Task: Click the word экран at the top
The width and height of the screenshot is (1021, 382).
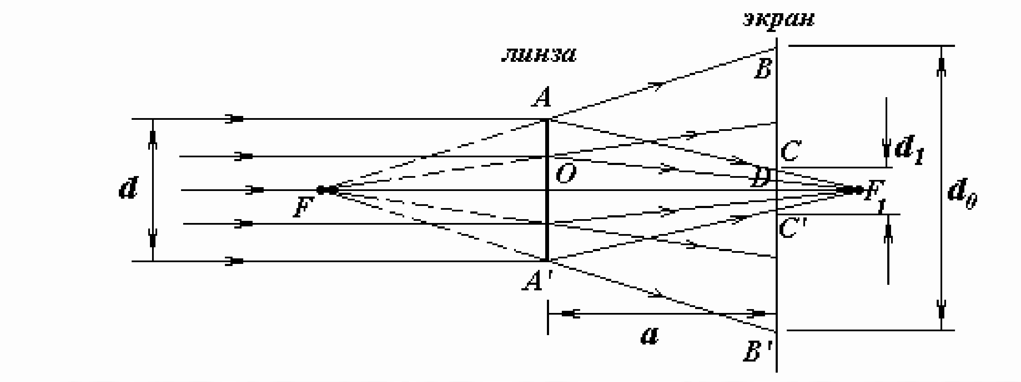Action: [778, 20]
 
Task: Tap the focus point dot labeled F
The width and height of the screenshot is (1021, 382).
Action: [327, 190]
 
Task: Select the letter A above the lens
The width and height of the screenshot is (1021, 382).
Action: [541, 98]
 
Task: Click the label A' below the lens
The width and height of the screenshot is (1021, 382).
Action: [535, 281]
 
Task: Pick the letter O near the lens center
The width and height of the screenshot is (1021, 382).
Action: [566, 174]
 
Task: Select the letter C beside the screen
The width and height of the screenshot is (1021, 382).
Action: [791, 152]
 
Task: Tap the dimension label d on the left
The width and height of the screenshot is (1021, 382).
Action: [128, 189]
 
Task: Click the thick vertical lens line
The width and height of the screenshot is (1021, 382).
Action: [547, 190]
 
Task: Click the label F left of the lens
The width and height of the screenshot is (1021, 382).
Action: [303, 208]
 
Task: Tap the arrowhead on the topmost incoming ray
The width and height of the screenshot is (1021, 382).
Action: [235, 119]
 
